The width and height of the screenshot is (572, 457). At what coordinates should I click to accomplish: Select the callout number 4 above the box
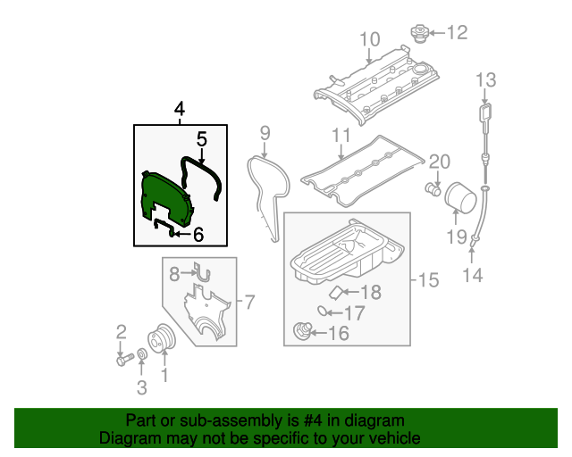(x=180, y=110)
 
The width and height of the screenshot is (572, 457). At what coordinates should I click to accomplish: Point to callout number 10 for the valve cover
(x=370, y=39)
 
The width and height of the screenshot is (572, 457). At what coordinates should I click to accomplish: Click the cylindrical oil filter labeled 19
(x=460, y=196)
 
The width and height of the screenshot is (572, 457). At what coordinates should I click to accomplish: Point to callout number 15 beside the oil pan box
(x=428, y=281)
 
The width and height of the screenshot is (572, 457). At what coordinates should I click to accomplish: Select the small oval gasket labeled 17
(x=320, y=312)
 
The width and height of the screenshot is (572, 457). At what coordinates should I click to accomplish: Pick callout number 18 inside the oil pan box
(x=370, y=292)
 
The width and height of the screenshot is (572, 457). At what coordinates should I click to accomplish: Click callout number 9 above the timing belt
(x=265, y=134)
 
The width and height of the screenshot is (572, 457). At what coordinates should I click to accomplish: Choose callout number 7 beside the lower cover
(x=249, y=303)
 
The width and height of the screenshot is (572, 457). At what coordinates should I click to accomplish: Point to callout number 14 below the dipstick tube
(x=472, y=276)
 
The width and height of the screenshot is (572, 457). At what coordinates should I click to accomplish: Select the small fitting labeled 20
(x=431, y=189)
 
